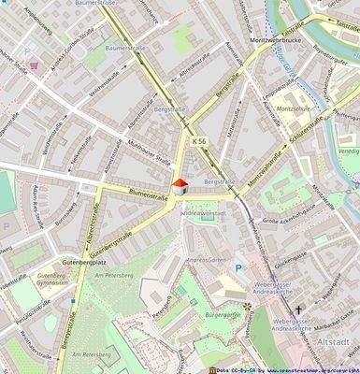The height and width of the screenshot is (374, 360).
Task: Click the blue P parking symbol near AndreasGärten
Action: coord(238,268)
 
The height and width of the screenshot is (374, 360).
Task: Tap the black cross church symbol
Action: coord(298,309)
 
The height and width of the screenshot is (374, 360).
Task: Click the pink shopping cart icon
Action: coord(34,65)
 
